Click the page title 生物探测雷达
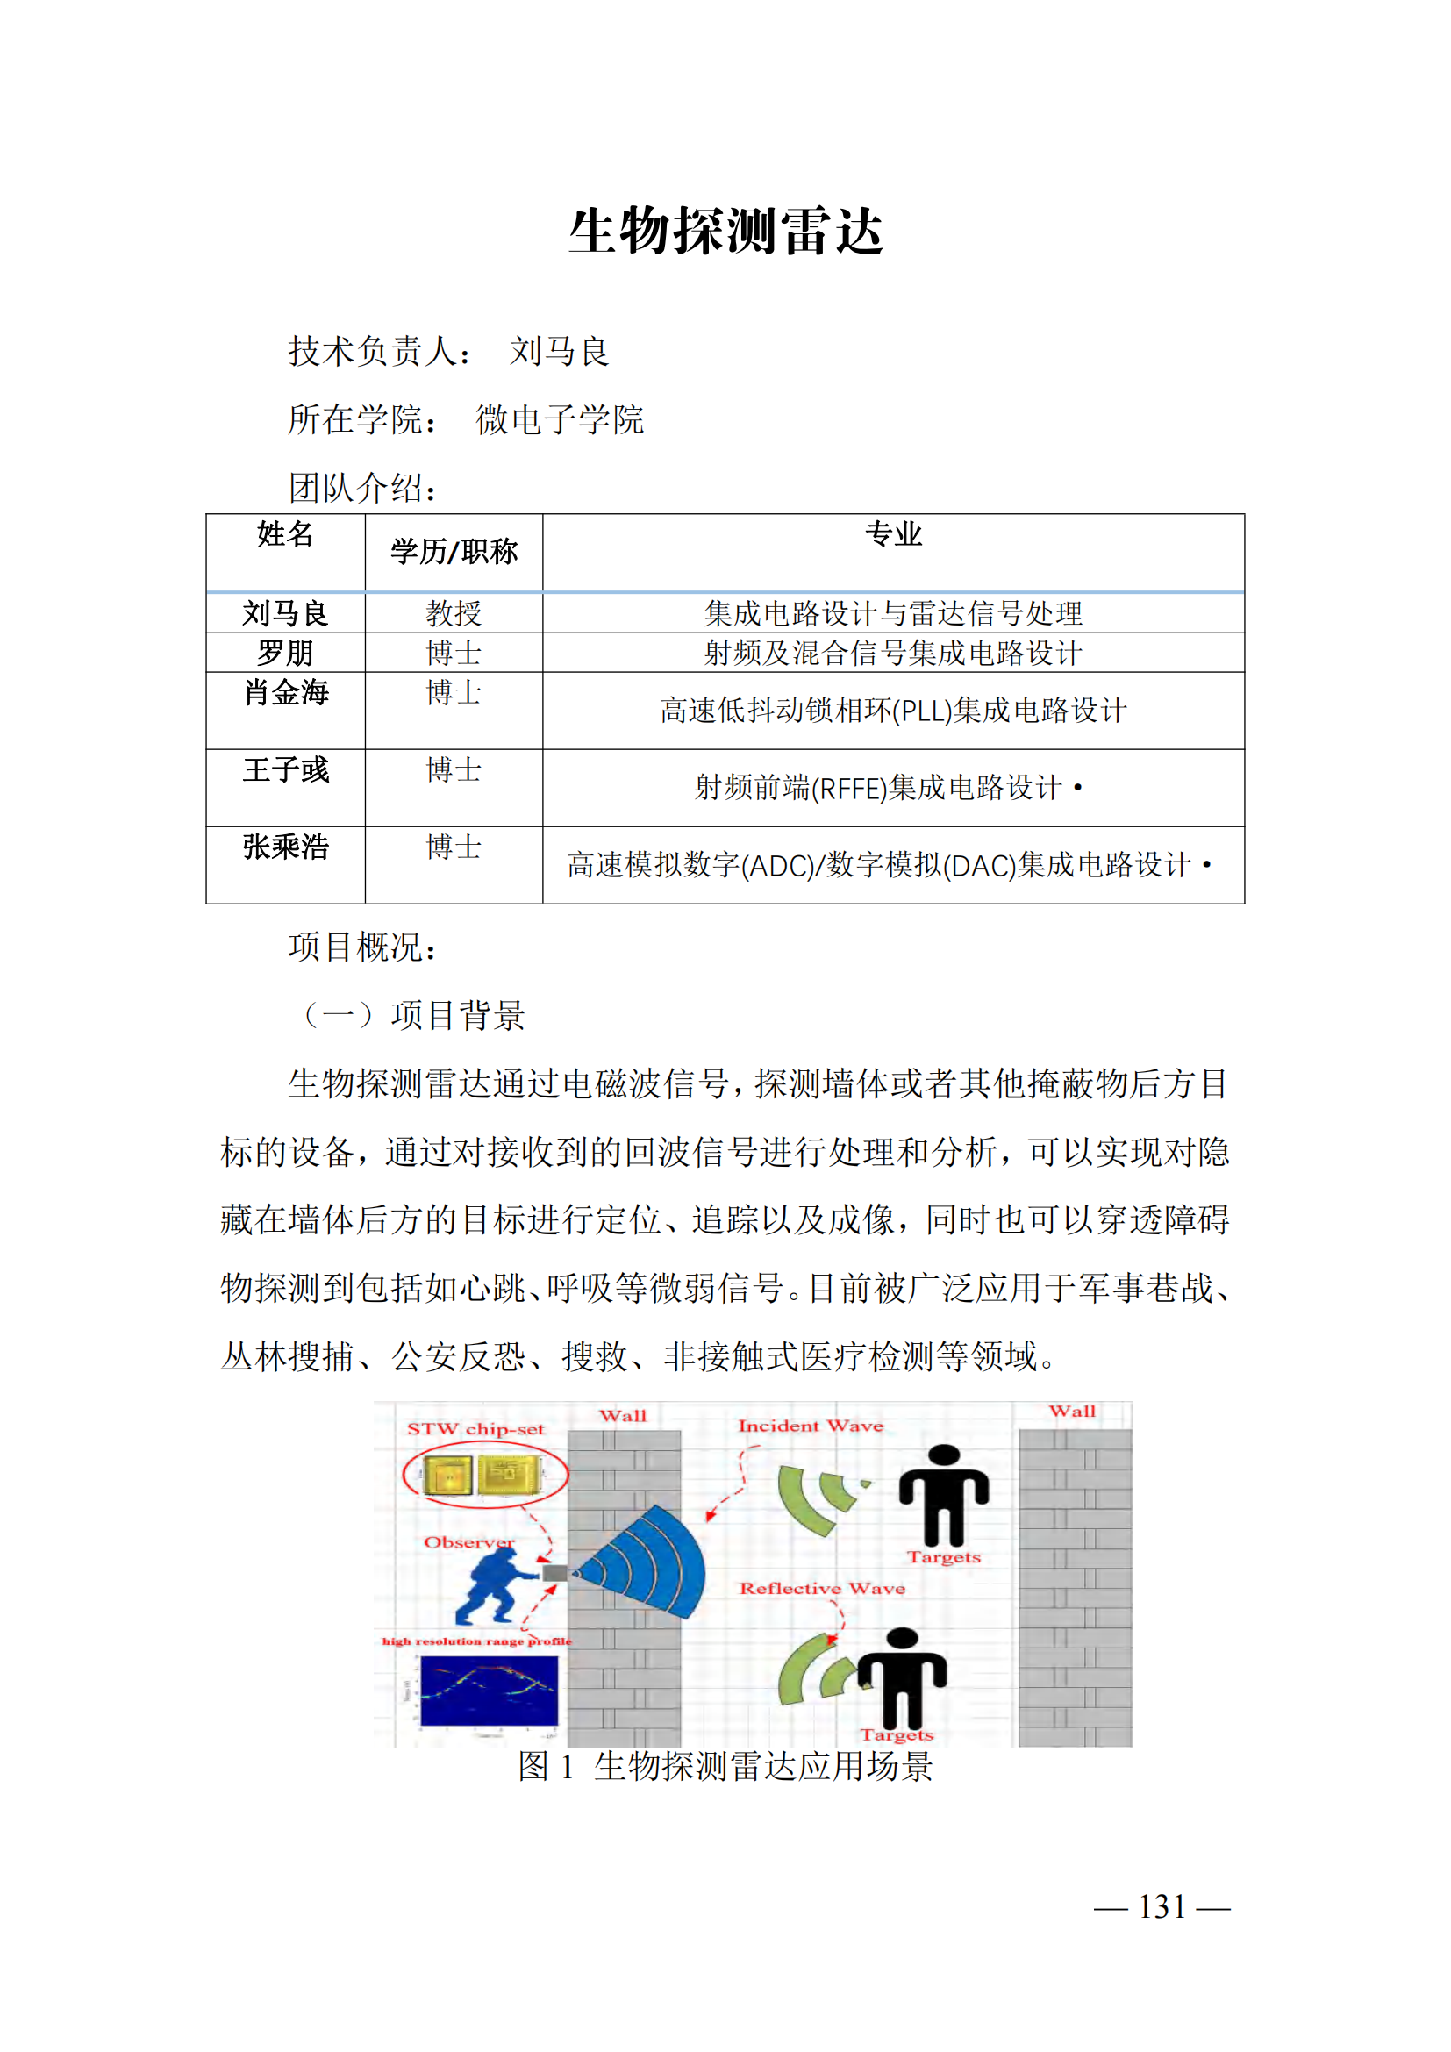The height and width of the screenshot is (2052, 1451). point(725,232)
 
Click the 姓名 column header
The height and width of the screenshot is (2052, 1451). point(285,534)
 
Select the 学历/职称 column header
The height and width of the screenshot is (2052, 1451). point(454,552)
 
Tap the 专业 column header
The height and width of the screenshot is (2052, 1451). point(892,534)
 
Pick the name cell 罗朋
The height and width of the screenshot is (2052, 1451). point(285,653)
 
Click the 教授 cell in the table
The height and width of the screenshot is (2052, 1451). point(454,613)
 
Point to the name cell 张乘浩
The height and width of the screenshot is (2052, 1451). point(286,847)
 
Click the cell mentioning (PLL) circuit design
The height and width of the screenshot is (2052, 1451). point(892,711)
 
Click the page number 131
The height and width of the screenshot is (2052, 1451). point(1162,1906)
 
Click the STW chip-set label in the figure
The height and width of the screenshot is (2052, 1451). point(475,1429)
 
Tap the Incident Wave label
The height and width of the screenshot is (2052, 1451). point(811,1426)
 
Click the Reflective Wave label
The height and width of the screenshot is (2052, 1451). point(822,1588)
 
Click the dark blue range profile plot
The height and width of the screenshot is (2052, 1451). point(489,1690)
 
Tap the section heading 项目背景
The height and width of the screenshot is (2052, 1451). point(457,1015)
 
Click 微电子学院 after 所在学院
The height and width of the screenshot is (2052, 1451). point(560,419)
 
